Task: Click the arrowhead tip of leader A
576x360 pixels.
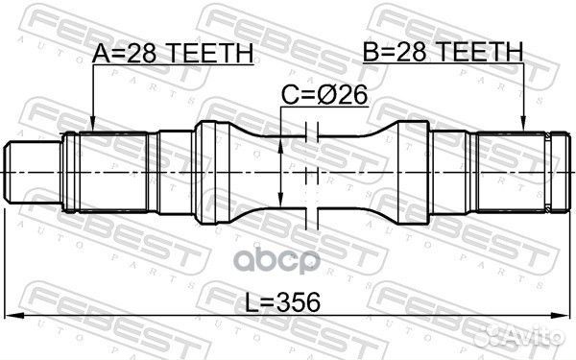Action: click(x=91, y=130)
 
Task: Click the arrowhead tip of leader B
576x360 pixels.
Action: click(x=523, y=130)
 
